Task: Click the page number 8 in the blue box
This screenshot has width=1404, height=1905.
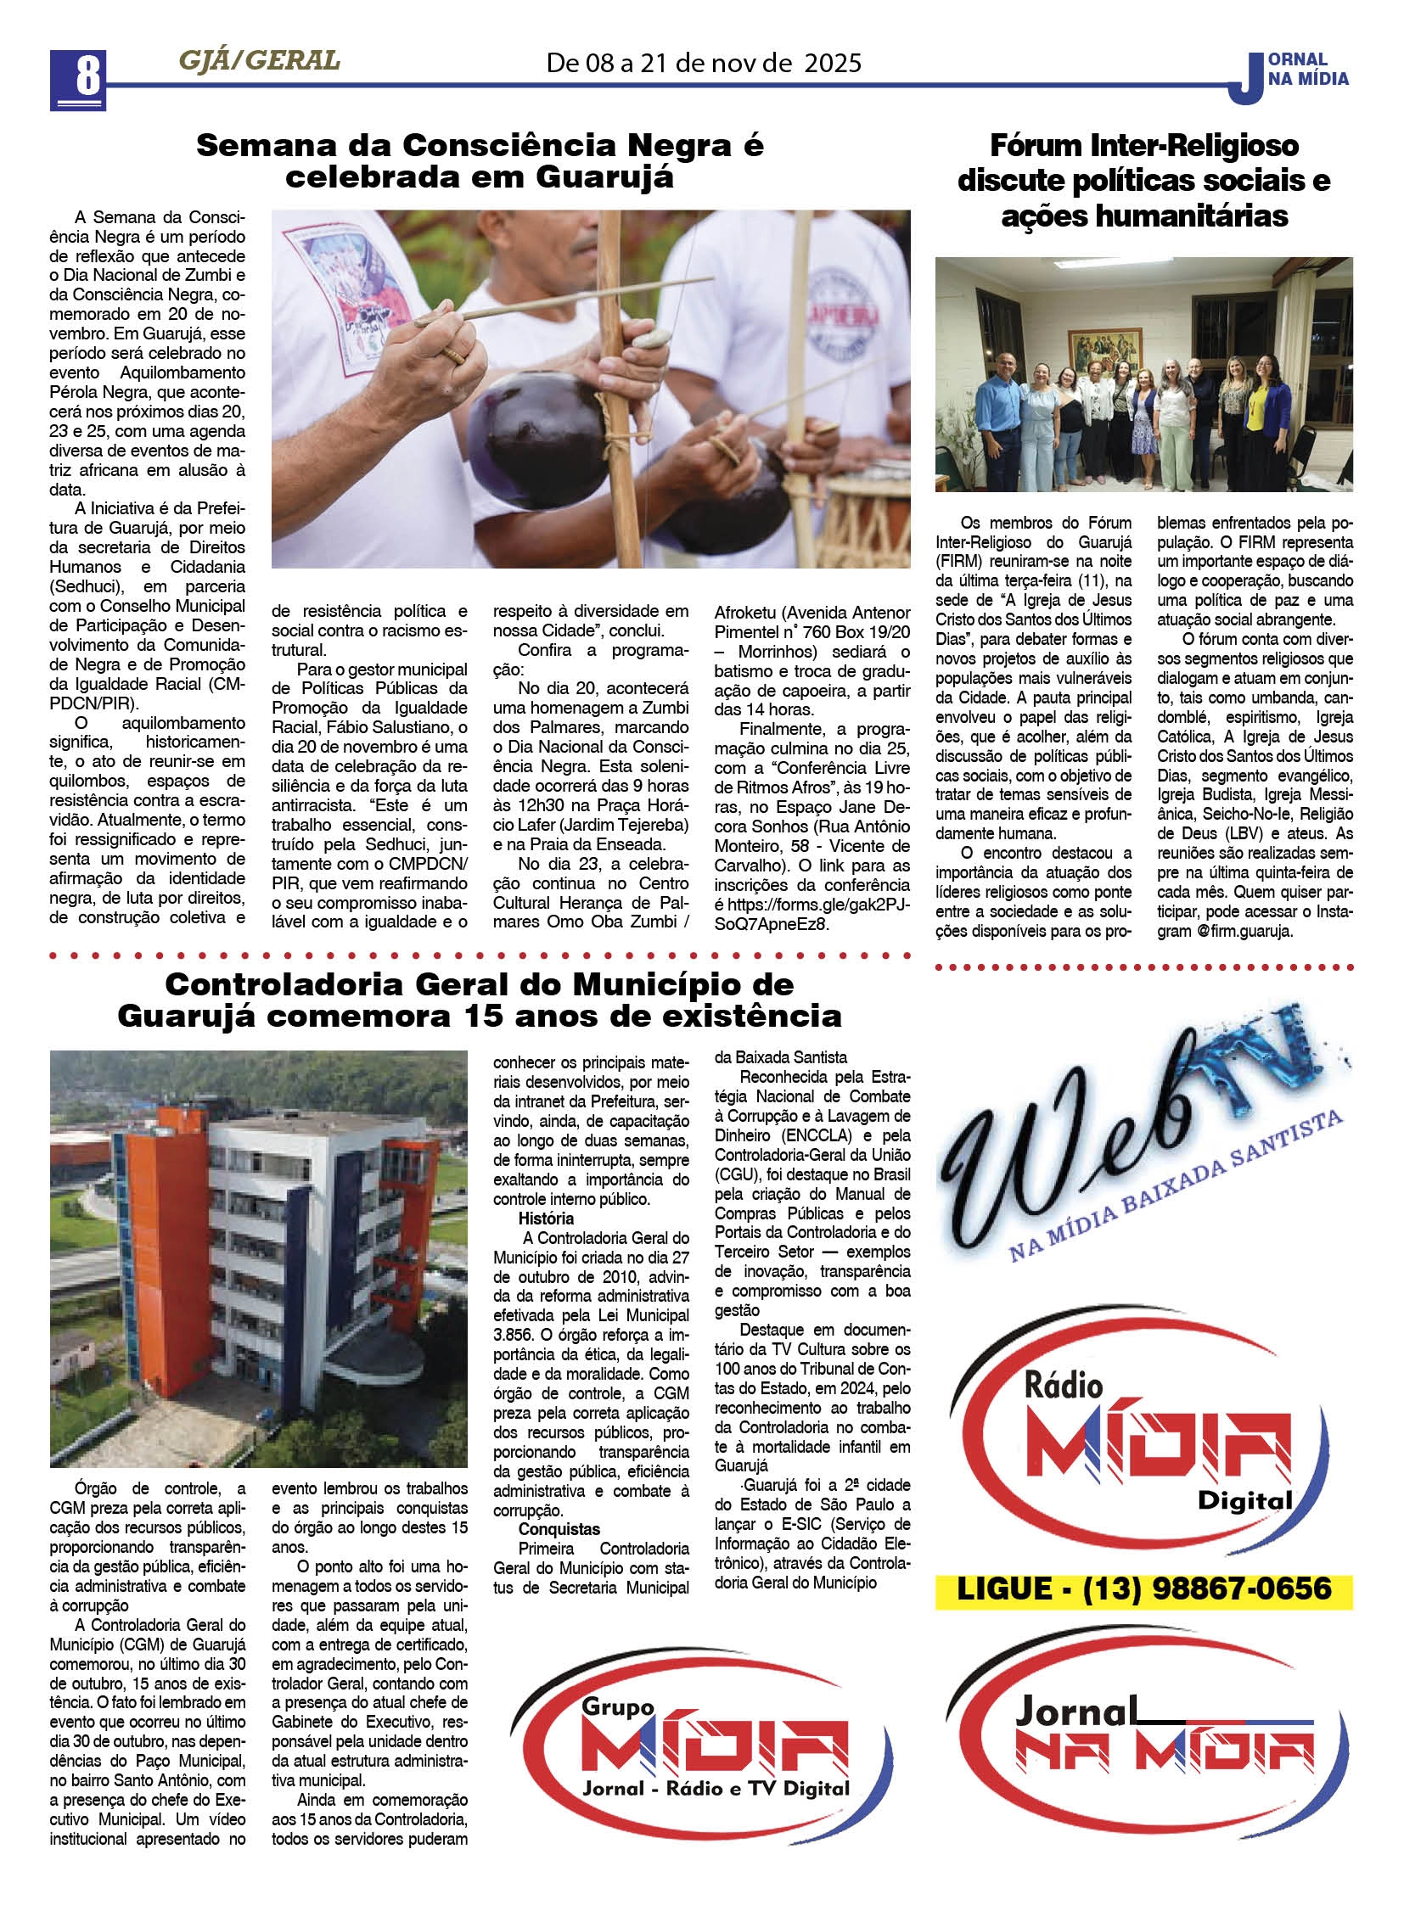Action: click(x=77, y=79)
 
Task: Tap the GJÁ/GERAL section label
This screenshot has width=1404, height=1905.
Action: click(x=259, y=60)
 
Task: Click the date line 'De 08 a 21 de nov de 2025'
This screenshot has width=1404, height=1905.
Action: click(x=703, y=63)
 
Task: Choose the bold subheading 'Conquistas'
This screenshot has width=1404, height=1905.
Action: click(x=559, y=1528)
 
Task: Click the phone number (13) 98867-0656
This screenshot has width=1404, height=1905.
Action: click(x=1207, y=1588)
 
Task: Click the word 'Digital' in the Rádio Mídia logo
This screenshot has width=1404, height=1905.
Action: click(x=1244, y=1500)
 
